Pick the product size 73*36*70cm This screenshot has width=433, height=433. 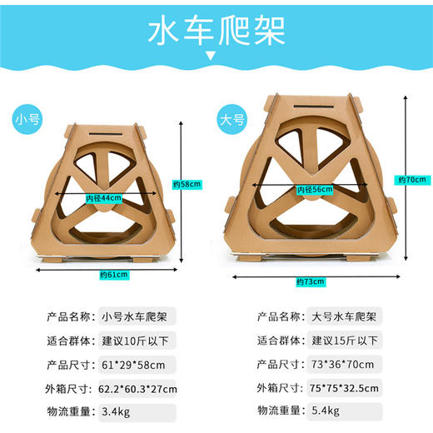(x=342, y=364)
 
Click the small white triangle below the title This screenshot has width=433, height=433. (x=216, y=57)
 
